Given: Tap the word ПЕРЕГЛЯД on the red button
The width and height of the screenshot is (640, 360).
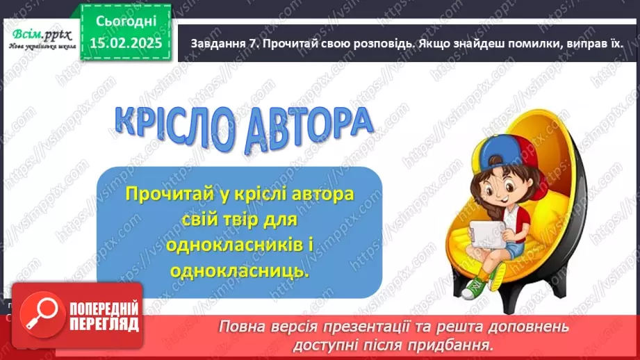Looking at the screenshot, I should [x=104, y=324].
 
